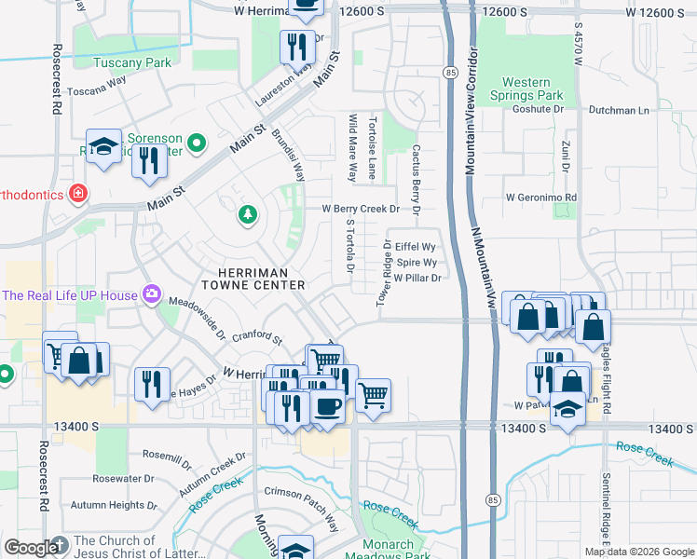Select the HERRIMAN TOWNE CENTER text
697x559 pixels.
[x=254, y=277]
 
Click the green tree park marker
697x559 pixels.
[x=247, y=215]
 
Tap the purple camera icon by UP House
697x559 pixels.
[x=149, y=294]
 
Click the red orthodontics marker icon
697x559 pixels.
[x=79, y=194]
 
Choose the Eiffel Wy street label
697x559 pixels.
[x=416, y=247]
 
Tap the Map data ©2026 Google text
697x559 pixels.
[x=638, y=552]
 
